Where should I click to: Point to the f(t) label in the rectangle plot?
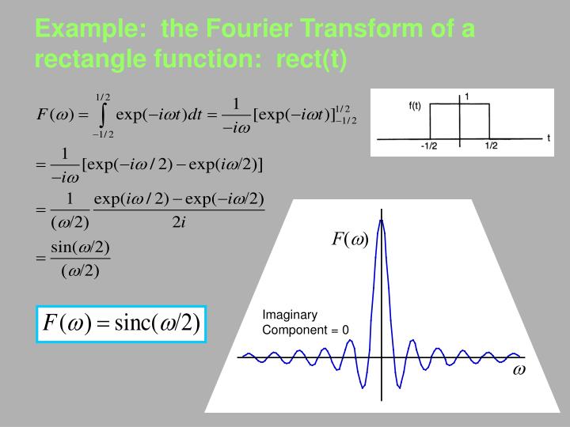(415, 106)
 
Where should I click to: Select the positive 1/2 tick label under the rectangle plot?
(491, 146)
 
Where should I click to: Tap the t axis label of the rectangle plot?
(549, 138)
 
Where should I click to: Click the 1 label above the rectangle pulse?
(467, 96)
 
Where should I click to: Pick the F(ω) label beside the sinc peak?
(350, 239)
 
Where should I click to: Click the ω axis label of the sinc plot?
(519, 370)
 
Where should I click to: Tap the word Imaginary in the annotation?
(290, 315)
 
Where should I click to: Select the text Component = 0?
(306, 330)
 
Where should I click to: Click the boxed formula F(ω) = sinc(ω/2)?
(121, 323)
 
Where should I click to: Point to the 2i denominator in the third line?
(178, 221)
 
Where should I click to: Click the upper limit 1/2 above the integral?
(103, 96)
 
